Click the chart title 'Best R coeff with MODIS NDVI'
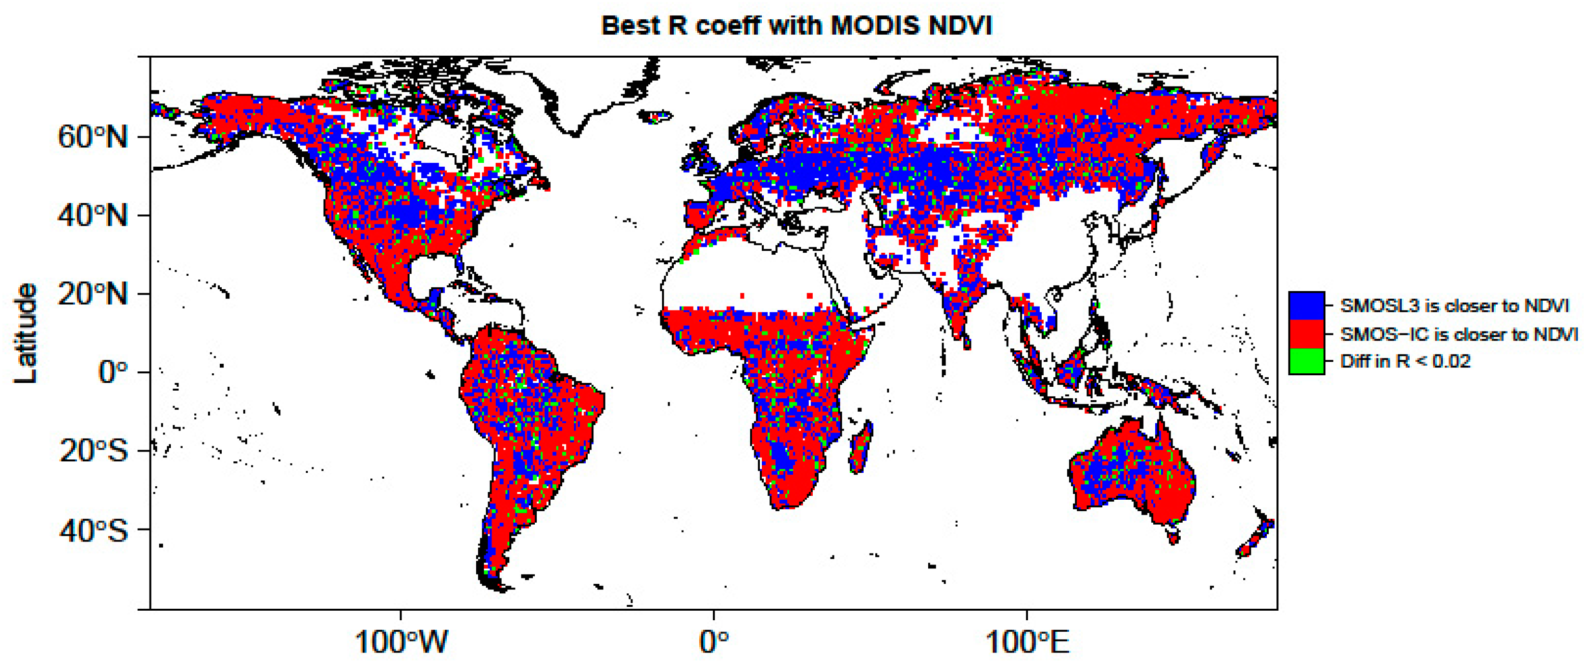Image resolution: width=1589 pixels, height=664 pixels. click(796, 26)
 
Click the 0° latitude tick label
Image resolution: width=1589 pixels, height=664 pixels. click(113, 372)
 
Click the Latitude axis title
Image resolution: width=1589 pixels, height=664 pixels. click(26, 333)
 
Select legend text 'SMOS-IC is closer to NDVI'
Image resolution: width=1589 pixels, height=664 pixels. click(1459, 334)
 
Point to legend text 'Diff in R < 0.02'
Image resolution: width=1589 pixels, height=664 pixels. click(1405, 361)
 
